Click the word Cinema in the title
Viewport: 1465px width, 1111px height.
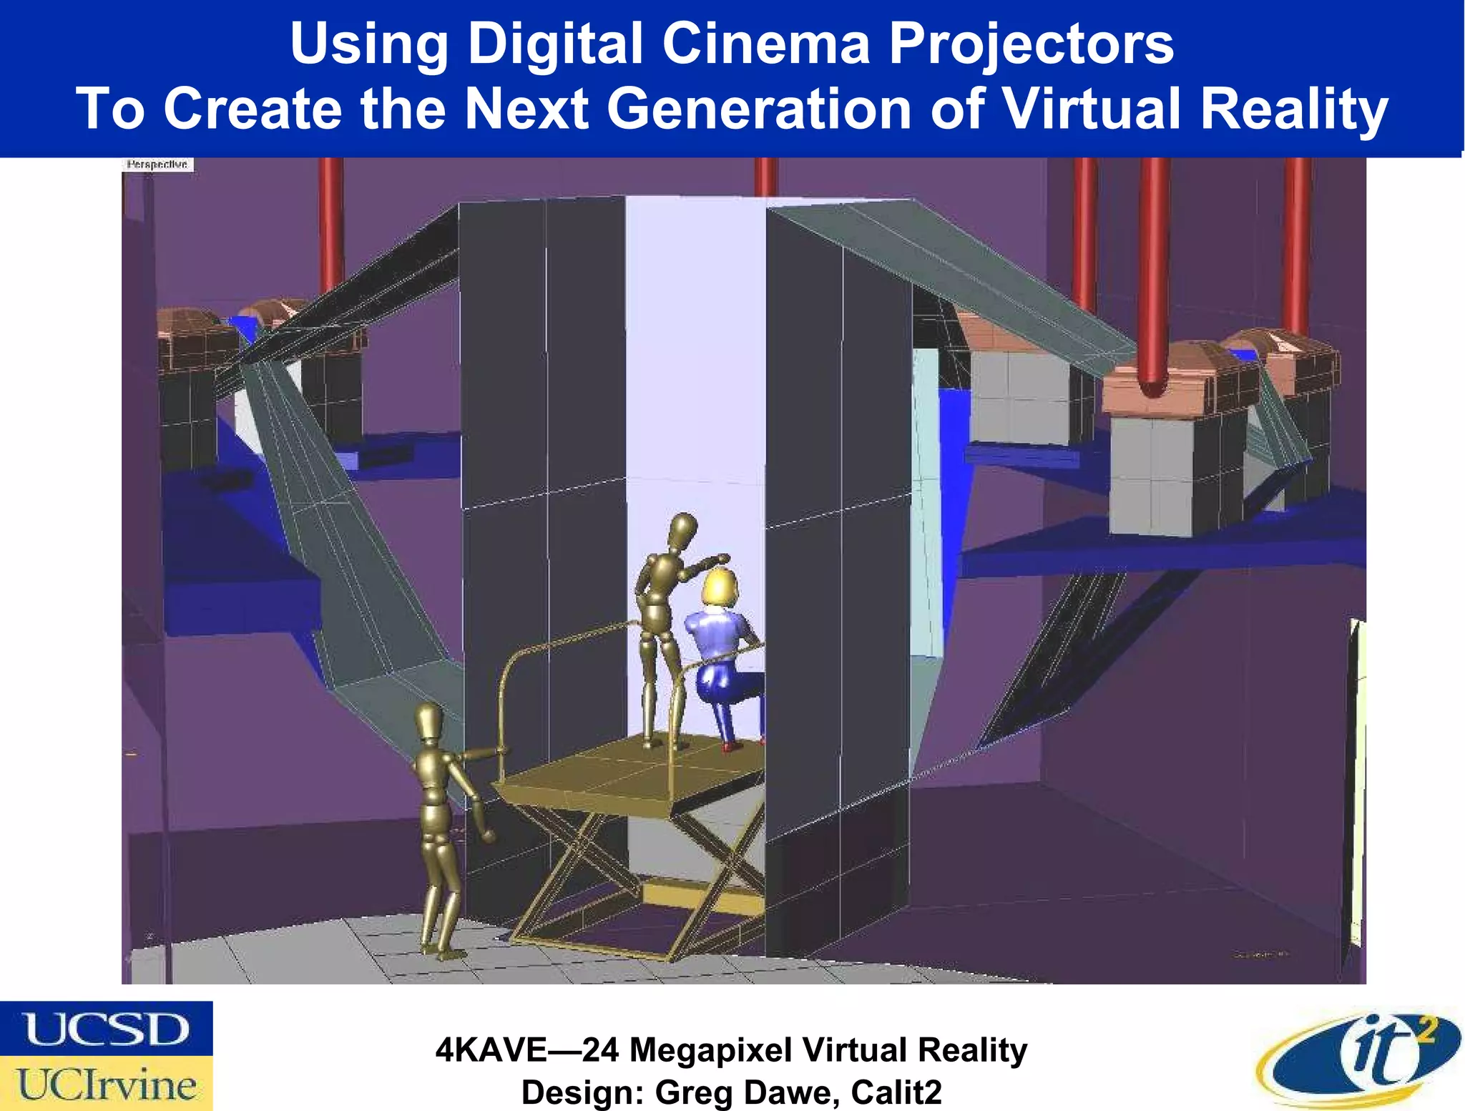coord(765,44)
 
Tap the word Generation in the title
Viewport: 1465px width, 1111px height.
coord(759,109)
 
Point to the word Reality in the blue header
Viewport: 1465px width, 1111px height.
coord(1294,109)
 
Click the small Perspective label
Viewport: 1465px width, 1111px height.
coord(157,165)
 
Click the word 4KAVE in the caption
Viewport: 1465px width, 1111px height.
coord(491,1050)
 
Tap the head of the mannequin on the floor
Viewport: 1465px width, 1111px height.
coord(430,724)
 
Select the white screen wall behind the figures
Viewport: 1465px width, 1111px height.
coord(694,358)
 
